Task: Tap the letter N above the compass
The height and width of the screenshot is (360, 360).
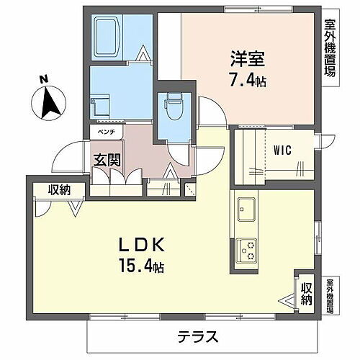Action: point(44,79)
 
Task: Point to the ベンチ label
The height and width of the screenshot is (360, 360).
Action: point(106,132)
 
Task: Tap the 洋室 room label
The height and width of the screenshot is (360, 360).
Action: point(246,54)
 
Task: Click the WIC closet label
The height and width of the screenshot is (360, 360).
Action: point(282,150)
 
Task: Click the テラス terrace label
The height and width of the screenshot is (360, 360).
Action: point(196,336)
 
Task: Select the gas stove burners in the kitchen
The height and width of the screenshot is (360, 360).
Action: point(247,248)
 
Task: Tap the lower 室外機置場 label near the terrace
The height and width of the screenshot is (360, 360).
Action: point(329,294)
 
